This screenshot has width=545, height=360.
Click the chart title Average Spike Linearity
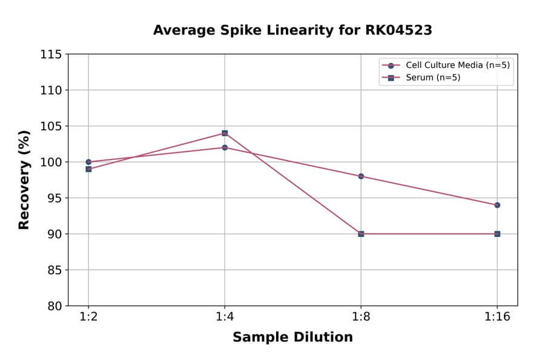292,30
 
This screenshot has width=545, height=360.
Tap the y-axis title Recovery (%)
24,179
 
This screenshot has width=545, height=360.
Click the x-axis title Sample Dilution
292,338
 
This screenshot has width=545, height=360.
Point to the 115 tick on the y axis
51,55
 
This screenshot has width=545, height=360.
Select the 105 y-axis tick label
51,126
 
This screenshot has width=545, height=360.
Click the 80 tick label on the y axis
54,306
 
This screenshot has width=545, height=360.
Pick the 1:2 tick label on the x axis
88,318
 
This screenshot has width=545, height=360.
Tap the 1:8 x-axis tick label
361,318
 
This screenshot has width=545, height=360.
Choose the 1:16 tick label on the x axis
497,318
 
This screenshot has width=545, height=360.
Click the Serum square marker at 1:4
225,133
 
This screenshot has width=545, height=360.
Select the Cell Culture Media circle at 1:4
225,147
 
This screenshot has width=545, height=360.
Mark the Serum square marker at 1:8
361,233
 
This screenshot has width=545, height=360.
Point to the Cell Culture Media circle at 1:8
361,176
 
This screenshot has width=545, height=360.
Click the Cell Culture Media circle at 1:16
497,205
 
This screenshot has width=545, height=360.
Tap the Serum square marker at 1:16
497,233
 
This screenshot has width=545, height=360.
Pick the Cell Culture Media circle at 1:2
88,162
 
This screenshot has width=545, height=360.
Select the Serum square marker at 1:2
88,169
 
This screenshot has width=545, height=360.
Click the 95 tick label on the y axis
54,198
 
